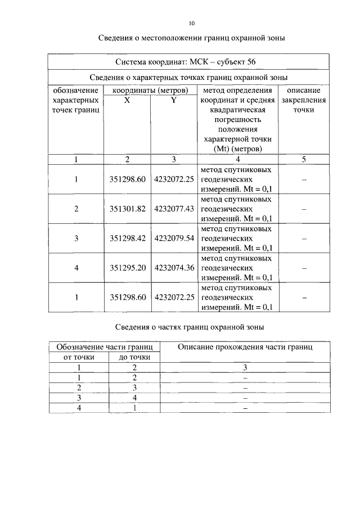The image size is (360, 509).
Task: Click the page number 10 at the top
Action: tap(191, 23)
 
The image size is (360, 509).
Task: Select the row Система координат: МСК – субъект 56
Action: tap(187, 61)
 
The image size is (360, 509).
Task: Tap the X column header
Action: tap(127, 100)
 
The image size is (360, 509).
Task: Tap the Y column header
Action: tap(173, 100)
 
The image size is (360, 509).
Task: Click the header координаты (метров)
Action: tap(150, 90)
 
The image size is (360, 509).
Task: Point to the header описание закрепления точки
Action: tap(303, 100)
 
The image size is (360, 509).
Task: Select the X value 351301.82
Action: tap(128, 209)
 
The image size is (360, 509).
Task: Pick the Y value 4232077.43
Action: tap(174, 209)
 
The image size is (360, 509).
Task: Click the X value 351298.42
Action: tap(128, 238)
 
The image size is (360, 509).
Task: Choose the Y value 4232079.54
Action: tap(174, 238)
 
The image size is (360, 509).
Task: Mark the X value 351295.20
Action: tap(128, 268)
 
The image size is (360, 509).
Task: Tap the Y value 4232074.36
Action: tap(174, 268)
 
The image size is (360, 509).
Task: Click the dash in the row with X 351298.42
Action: tap(304, 238)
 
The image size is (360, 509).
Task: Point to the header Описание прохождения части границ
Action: tap(245, 347)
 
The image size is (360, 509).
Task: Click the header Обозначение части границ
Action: tap(105, 347)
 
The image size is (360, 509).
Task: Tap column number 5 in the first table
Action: tap(304, 159)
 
